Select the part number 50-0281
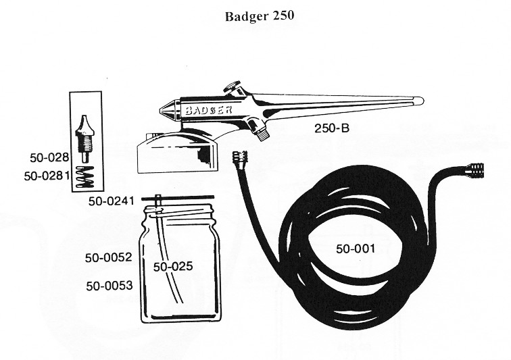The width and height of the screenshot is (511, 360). click(47, 175)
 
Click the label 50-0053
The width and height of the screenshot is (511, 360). click(108, 286)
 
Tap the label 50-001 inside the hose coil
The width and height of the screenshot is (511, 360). click(356, 248)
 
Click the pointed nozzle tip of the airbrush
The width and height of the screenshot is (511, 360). click(163, 110)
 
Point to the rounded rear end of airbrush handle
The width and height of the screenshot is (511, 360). click(418, 101)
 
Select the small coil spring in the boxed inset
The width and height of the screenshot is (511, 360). click(86, 177)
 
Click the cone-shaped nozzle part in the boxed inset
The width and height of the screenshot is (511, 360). click(84, 127)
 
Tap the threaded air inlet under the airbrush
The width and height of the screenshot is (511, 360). click(259, 132)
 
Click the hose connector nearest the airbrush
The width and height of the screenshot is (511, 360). click(238, 159)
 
